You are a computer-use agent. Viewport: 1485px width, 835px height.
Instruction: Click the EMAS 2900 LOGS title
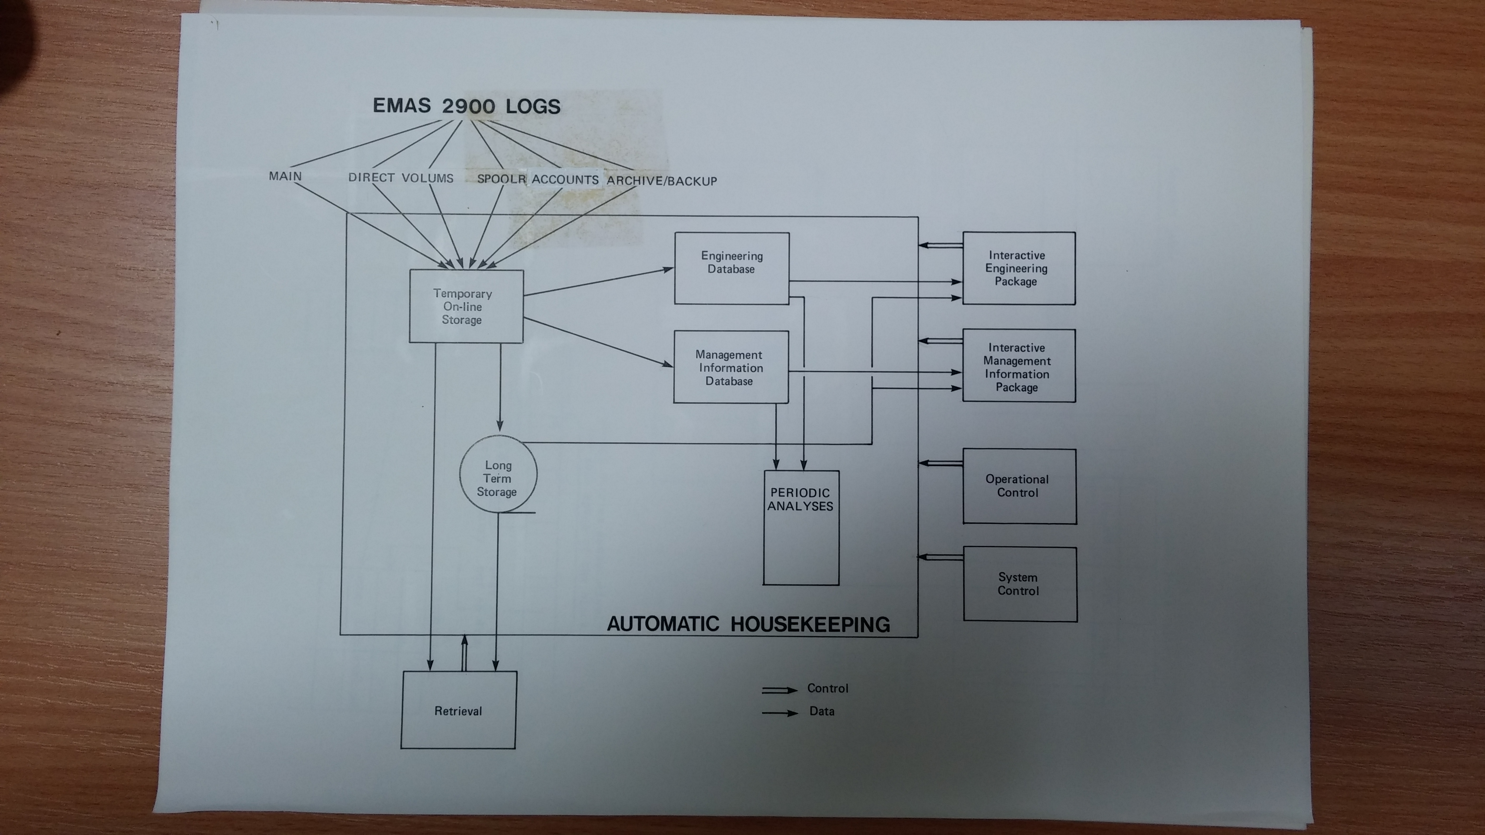[466, 106]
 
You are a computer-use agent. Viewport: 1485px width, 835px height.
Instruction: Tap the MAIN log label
[285, 176]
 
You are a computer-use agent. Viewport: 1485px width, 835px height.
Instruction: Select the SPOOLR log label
[501, 179]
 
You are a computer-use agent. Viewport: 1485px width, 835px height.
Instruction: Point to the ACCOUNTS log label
[565, 179]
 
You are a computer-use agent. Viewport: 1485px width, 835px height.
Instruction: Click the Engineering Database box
[731, 268]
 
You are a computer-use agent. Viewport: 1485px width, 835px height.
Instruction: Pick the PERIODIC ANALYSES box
[801, 527]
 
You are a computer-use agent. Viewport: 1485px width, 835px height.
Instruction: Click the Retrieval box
[458, 710]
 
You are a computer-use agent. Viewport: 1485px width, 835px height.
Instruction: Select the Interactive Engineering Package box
[1018, 268]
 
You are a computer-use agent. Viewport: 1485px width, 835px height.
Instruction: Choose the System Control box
[1019, 584]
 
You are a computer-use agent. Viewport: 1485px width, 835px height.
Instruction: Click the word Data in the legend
[821, 711]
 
